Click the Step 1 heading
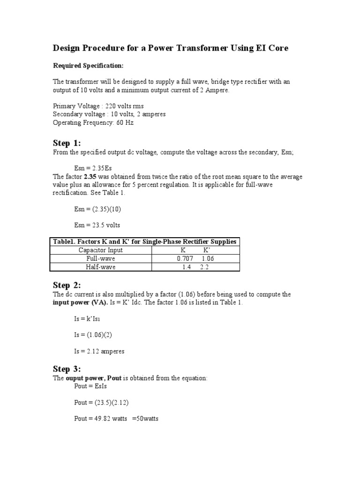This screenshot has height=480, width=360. [67, 143]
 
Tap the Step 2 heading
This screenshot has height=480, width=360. [67, 285]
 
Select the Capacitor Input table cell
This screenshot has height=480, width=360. [101, 250]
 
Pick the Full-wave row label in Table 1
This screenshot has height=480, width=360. [101, 258]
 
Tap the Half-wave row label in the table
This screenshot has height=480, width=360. [101, 267]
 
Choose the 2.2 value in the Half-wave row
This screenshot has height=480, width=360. [204, 267]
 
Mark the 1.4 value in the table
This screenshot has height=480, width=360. [186, 267]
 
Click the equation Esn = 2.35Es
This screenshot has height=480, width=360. [93, 168]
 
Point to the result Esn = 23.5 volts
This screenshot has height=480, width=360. [97, 225]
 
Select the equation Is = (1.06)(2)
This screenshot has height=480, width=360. [92, 335]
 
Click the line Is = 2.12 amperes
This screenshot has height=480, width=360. [99, 351]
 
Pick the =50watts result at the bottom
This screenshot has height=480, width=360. [145, 419]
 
